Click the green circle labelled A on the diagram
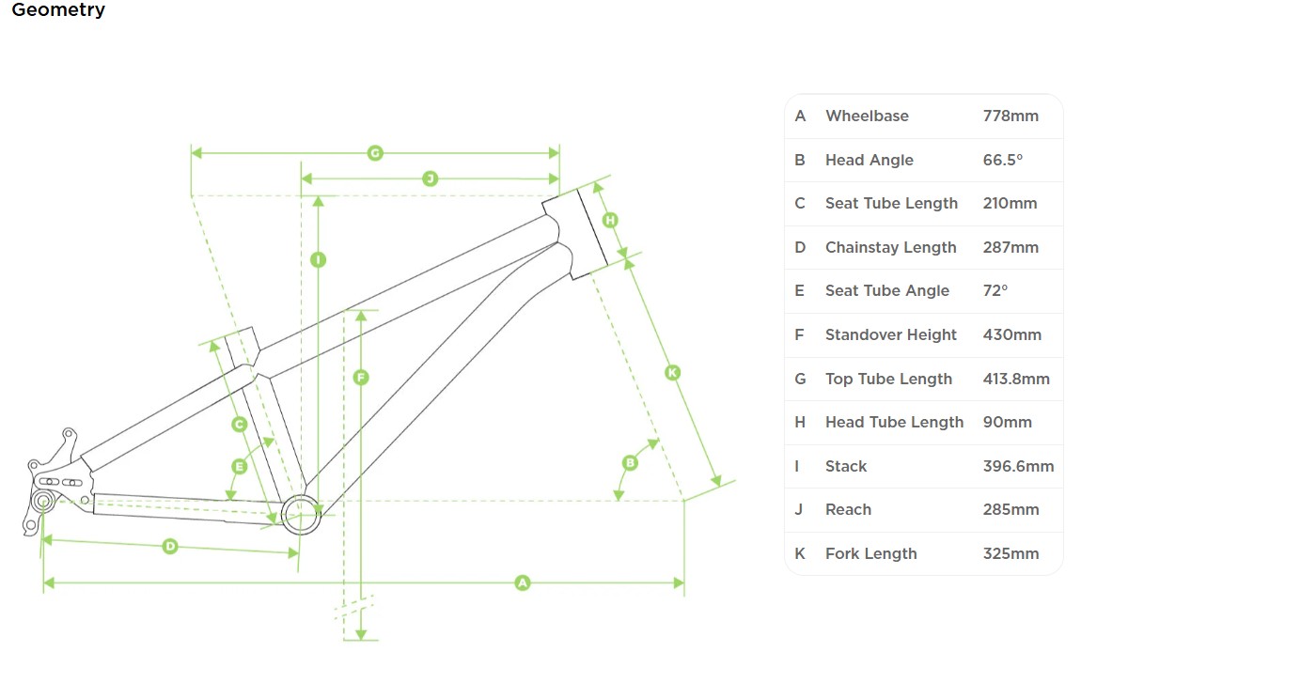pos(523,583)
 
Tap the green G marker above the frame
pos(375,152)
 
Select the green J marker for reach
pos(430,178)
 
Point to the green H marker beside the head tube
pos(610,220)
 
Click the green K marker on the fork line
pos(672,373)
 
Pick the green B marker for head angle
pos(630,462)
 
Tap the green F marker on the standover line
pos(360,378)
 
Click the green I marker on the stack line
pos(318,259)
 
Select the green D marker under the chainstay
pos(170,546)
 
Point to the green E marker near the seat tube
pos(239,466)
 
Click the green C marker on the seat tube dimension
pos(239,425)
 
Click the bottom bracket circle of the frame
pos(301,514)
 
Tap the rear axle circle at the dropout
pos(43,502)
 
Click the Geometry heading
pos(58,10)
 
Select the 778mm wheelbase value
pos(1010,116)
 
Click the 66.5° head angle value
pos(1002,160)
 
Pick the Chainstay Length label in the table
pos(890,247)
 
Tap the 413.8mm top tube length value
pos(1016,379)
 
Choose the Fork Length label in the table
pos(870,553)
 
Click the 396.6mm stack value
pos(1018,466)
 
